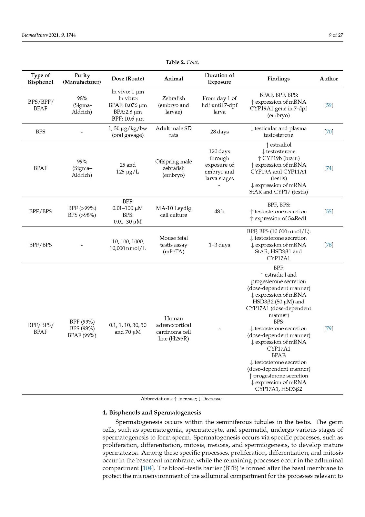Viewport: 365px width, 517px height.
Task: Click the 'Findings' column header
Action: [x=278, y=79]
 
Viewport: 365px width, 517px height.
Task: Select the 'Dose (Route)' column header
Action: [x=127, y=79]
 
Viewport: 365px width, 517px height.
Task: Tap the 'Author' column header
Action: [x=329, y=79]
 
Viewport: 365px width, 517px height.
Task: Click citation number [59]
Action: [x=329, y=105]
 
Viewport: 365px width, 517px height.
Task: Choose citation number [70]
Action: [x=329, y=132]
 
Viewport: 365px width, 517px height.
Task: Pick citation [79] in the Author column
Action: [x=329, y=328]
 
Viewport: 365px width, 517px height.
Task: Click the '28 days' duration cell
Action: [x=219, y=132]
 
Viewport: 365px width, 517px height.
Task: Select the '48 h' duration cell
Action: [x=219, y=211]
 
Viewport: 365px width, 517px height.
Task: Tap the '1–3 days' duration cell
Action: [x=219, y=245]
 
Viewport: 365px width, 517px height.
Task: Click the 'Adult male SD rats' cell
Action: [x=173, y=132]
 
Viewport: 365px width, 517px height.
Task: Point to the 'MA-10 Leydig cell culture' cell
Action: [x=173, y=211]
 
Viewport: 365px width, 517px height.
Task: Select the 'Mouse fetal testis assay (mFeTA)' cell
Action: [x=173, y=245]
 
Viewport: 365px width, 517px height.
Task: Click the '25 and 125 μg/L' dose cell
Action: [x=127, y=168]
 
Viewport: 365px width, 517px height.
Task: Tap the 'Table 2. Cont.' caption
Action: [x=182, y=62]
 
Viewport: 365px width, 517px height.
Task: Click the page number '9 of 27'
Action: [x=336, y=35]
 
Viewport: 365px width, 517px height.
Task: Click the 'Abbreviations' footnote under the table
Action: [x=181, y=399]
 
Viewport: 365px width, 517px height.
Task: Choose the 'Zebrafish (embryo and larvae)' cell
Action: [x=173, y=105]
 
